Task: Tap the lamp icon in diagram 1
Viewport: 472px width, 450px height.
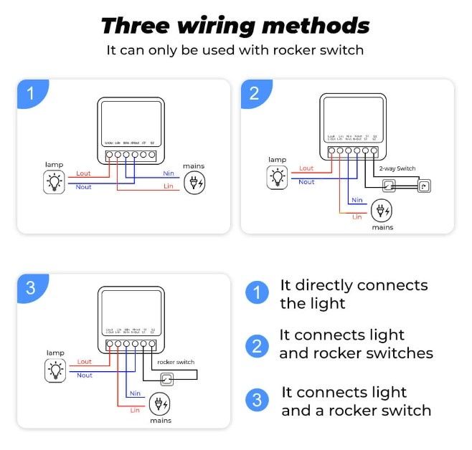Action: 54,182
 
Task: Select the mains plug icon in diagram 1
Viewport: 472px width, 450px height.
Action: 194,183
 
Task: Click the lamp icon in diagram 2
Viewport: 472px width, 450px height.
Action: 277,176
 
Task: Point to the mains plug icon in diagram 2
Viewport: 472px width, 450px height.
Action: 382,211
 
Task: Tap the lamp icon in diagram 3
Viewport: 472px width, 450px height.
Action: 55,370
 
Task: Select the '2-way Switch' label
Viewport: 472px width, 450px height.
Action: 396,168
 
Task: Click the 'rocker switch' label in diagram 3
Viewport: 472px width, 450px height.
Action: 175,363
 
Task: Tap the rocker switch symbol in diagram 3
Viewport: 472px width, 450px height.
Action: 166,379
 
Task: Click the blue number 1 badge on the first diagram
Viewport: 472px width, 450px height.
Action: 30,93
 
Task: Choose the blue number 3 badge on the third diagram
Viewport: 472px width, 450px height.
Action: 30,288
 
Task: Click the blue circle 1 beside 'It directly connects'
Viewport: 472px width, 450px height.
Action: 257,293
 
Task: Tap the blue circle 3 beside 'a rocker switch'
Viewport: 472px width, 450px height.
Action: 257,401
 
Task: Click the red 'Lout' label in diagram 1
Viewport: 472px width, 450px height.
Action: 84,174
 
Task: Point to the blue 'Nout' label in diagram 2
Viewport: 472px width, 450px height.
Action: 306,182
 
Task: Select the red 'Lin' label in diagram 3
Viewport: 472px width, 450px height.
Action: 135,410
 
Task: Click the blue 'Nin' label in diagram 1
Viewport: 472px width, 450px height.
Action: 170,173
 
